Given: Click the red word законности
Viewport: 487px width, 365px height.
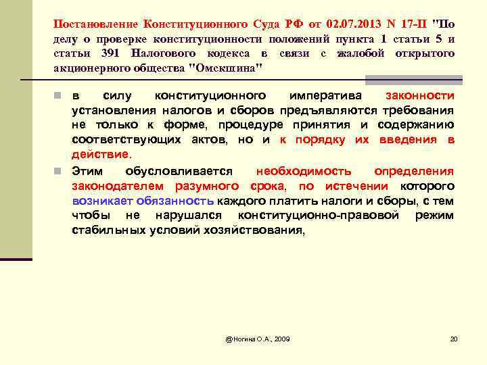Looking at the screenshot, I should coord(419,96).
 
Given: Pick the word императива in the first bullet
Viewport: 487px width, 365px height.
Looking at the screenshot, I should coord(324,96).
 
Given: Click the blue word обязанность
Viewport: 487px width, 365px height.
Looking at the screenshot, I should coord(175,201).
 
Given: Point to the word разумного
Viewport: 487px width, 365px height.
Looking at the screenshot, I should coord(208,186).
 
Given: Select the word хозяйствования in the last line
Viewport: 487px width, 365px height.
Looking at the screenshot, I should coord(257,230).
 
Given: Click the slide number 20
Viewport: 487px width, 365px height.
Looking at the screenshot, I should coord(454,338).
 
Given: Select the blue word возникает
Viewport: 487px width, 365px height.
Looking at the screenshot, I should coord(101,201).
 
